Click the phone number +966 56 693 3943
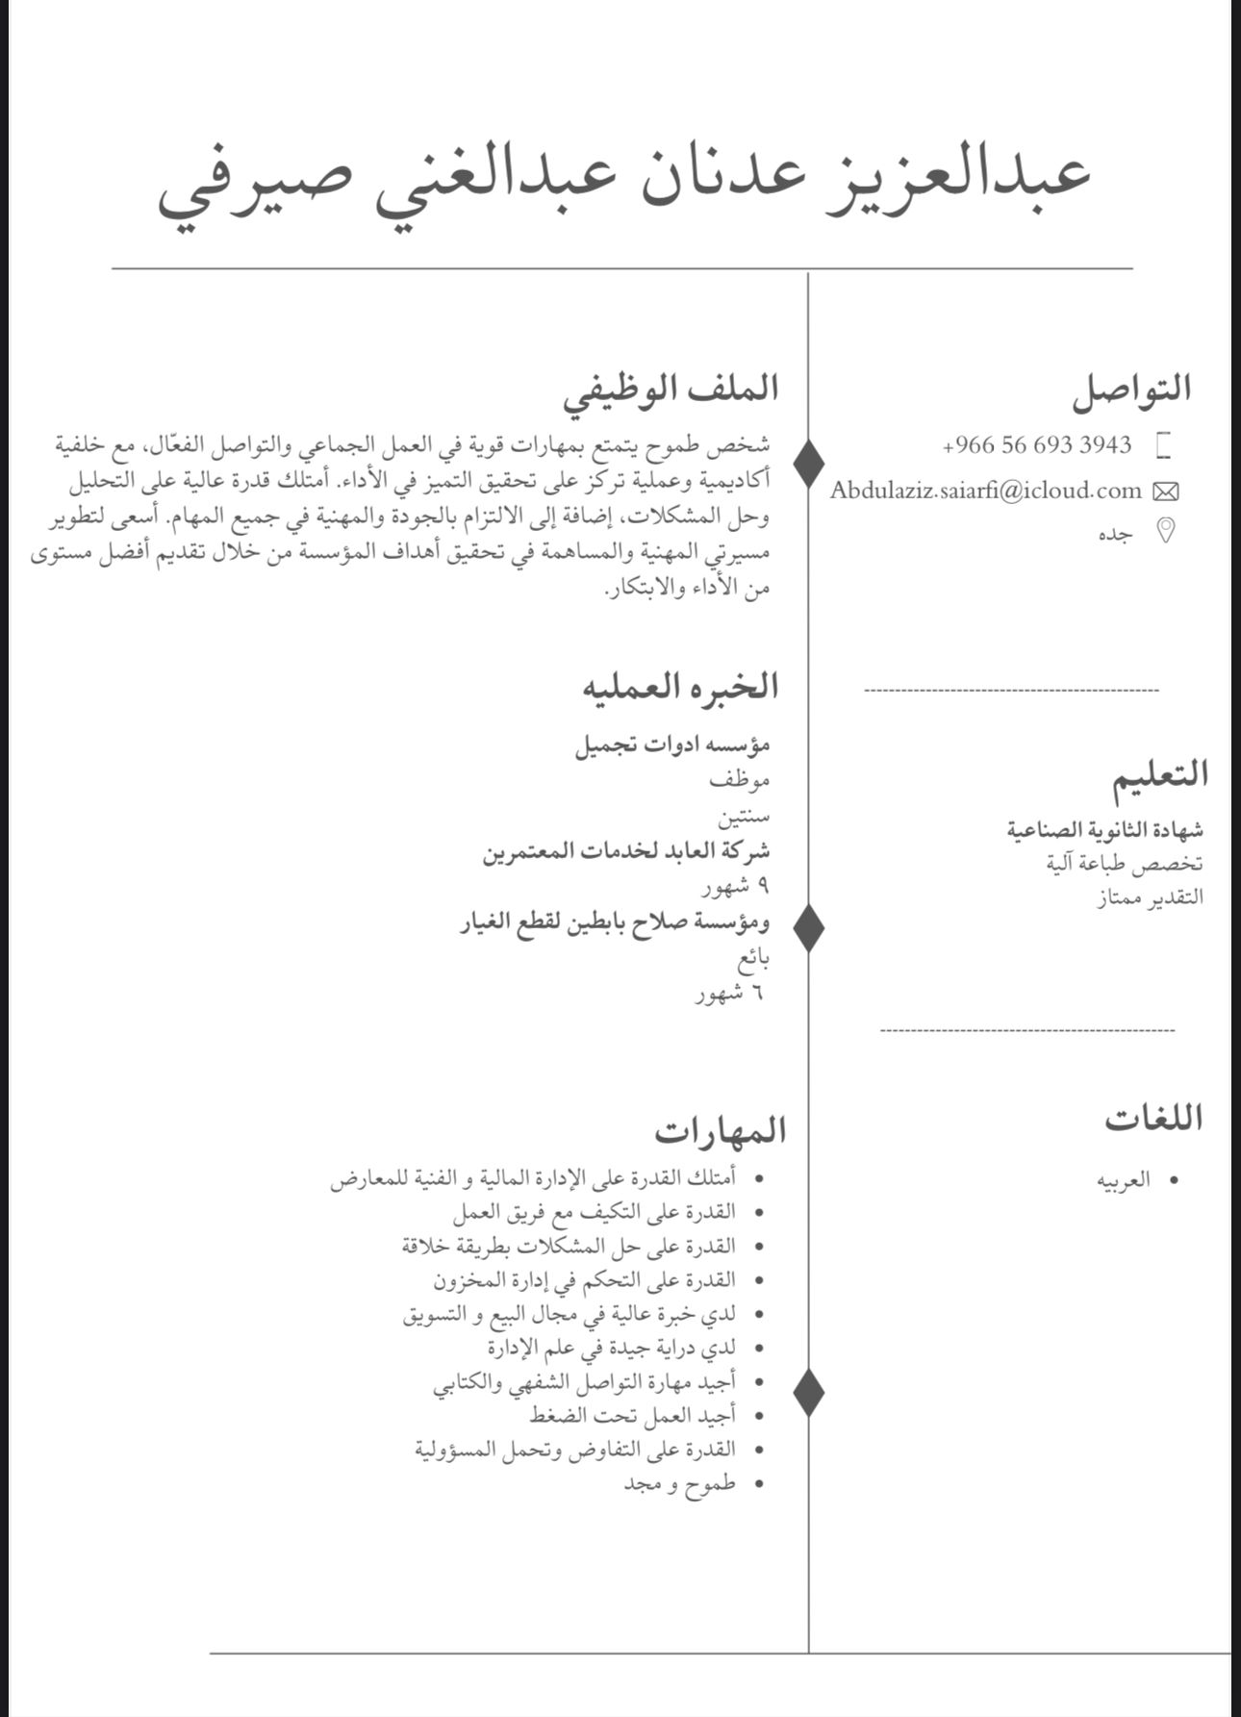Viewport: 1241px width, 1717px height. tap(1037, 445)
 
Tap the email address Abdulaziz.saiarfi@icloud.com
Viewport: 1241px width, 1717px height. tap(986, 491)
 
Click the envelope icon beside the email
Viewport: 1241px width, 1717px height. tap(1165, 492)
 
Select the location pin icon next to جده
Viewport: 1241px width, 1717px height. tap(1165, 531)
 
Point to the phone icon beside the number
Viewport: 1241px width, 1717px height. tap(1164, 445)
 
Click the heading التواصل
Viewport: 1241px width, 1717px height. tap(1131, 389)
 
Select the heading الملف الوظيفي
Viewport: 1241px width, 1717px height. tap(671, 390)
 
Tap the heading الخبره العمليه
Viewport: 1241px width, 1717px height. tap(679, 687)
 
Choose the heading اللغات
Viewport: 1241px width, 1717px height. tap(1153, 1119)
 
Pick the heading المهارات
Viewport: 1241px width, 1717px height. tap(721, 1130)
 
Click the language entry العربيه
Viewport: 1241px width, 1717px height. tap(1124, 1180)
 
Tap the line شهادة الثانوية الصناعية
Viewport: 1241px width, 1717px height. tap(1105, 829)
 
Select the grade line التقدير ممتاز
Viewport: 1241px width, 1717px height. tap(1150, 898)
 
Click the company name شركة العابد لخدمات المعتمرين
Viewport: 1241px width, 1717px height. tap(626, 851)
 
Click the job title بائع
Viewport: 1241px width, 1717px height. tap(753, 959)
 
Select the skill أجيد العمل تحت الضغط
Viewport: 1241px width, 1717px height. tap(632, 1415)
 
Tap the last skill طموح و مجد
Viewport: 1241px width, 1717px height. tap(679, 1483)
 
